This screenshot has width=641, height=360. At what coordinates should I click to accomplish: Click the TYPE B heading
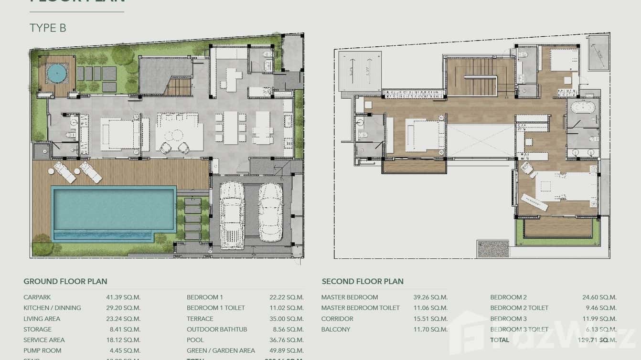(48, 28)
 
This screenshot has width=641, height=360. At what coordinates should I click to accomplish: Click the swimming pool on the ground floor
(113, 209)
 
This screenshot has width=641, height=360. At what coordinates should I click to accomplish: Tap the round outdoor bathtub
(56, 74)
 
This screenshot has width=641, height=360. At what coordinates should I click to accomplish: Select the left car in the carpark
(232, 215)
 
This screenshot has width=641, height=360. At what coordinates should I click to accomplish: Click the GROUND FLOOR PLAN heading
(65, 281)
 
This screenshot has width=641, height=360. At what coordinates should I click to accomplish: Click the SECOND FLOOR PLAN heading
(363, 281)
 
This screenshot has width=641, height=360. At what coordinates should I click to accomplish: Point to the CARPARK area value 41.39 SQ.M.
(123, 297)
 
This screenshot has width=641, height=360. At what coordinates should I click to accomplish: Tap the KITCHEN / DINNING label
(52, 308)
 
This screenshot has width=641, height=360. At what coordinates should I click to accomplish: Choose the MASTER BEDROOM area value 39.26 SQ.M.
(430, 297)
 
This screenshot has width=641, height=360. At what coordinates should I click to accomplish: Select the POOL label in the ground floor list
(195, 340)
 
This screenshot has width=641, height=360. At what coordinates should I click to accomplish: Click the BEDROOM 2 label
(508, 297)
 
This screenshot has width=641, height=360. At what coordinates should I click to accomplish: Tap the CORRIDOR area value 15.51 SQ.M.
(430, 318)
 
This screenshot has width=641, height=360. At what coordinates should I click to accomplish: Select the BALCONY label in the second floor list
(336, 329)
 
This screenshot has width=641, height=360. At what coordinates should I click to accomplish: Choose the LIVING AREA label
(42, 318)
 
